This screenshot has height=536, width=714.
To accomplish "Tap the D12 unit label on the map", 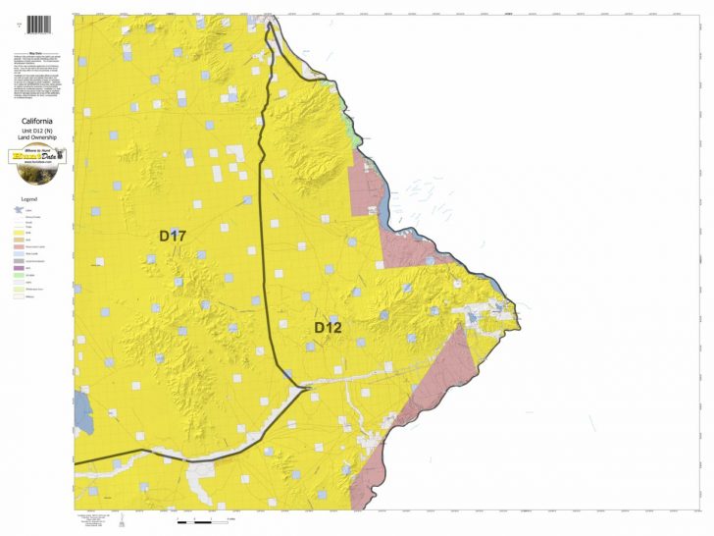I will [x=328, y=327].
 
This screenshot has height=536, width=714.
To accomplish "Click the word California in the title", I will [x=36, y=122].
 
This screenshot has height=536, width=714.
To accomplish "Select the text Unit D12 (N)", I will [x=36, y=132].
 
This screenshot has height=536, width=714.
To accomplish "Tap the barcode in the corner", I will [x=36, y=24].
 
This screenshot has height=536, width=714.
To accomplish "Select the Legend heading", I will [x=29, y=198].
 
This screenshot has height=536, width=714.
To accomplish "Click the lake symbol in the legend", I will [x=17, y=210].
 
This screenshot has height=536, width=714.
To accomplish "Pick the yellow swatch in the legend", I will [x=18, y=233].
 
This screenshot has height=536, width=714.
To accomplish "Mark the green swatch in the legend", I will [x=18, y=275].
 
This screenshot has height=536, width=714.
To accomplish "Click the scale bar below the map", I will [x=206, y=517].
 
